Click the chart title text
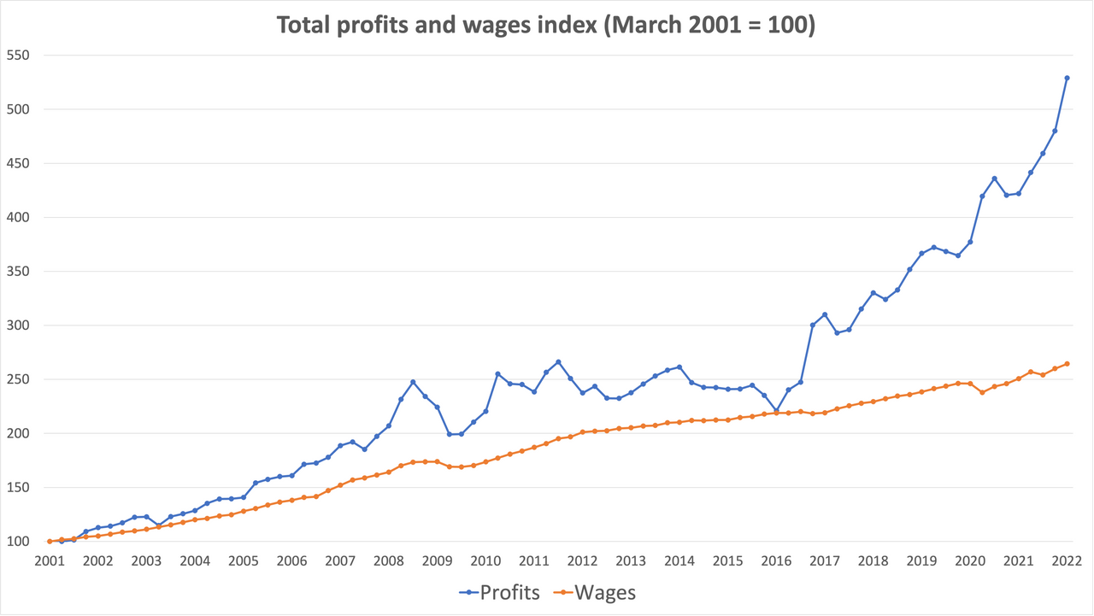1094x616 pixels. [x=546, y=25]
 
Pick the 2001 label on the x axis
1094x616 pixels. [x=49, y=561]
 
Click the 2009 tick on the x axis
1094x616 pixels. [x=437, y=561]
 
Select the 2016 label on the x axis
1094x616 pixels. [x=776, y=561]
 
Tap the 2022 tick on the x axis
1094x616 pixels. [x=1067, y=561]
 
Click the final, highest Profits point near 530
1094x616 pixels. [x=1067, y=78]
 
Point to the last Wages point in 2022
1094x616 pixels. [x=1067, y=364]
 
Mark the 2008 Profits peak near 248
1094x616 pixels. [x=413, y=382]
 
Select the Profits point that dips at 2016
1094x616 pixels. [x=776, y=411]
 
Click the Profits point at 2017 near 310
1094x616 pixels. [x=825, y=314]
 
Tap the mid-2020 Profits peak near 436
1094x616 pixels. [x=994, y=179]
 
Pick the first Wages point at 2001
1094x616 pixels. [x=50, y=542]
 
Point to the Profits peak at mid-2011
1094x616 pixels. [x=558, y=362]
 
